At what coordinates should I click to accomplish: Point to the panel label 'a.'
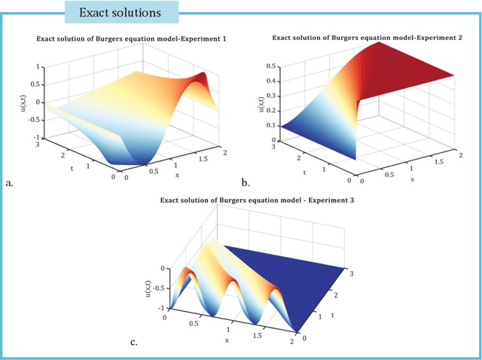pos(9,182)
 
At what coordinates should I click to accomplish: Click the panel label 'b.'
pos(245,182)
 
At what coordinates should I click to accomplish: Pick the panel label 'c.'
pos(133,343)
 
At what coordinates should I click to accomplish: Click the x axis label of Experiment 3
pos(226,340)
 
